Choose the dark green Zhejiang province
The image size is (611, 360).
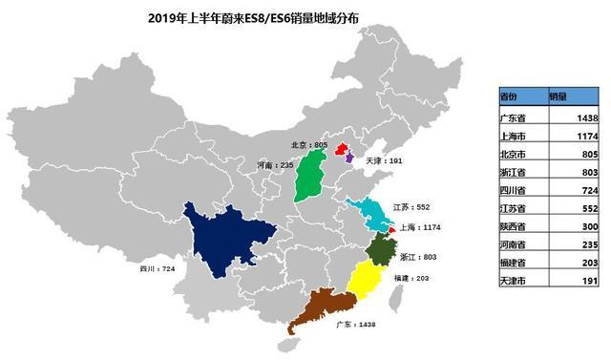click(381, 251)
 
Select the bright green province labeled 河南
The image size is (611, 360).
click(307, 178)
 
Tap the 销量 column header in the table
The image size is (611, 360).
click(559, 96)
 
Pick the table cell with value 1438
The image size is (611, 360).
click(586, 117)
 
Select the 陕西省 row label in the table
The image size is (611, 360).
click(513, 227)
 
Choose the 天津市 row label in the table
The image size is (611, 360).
click(513, 282)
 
